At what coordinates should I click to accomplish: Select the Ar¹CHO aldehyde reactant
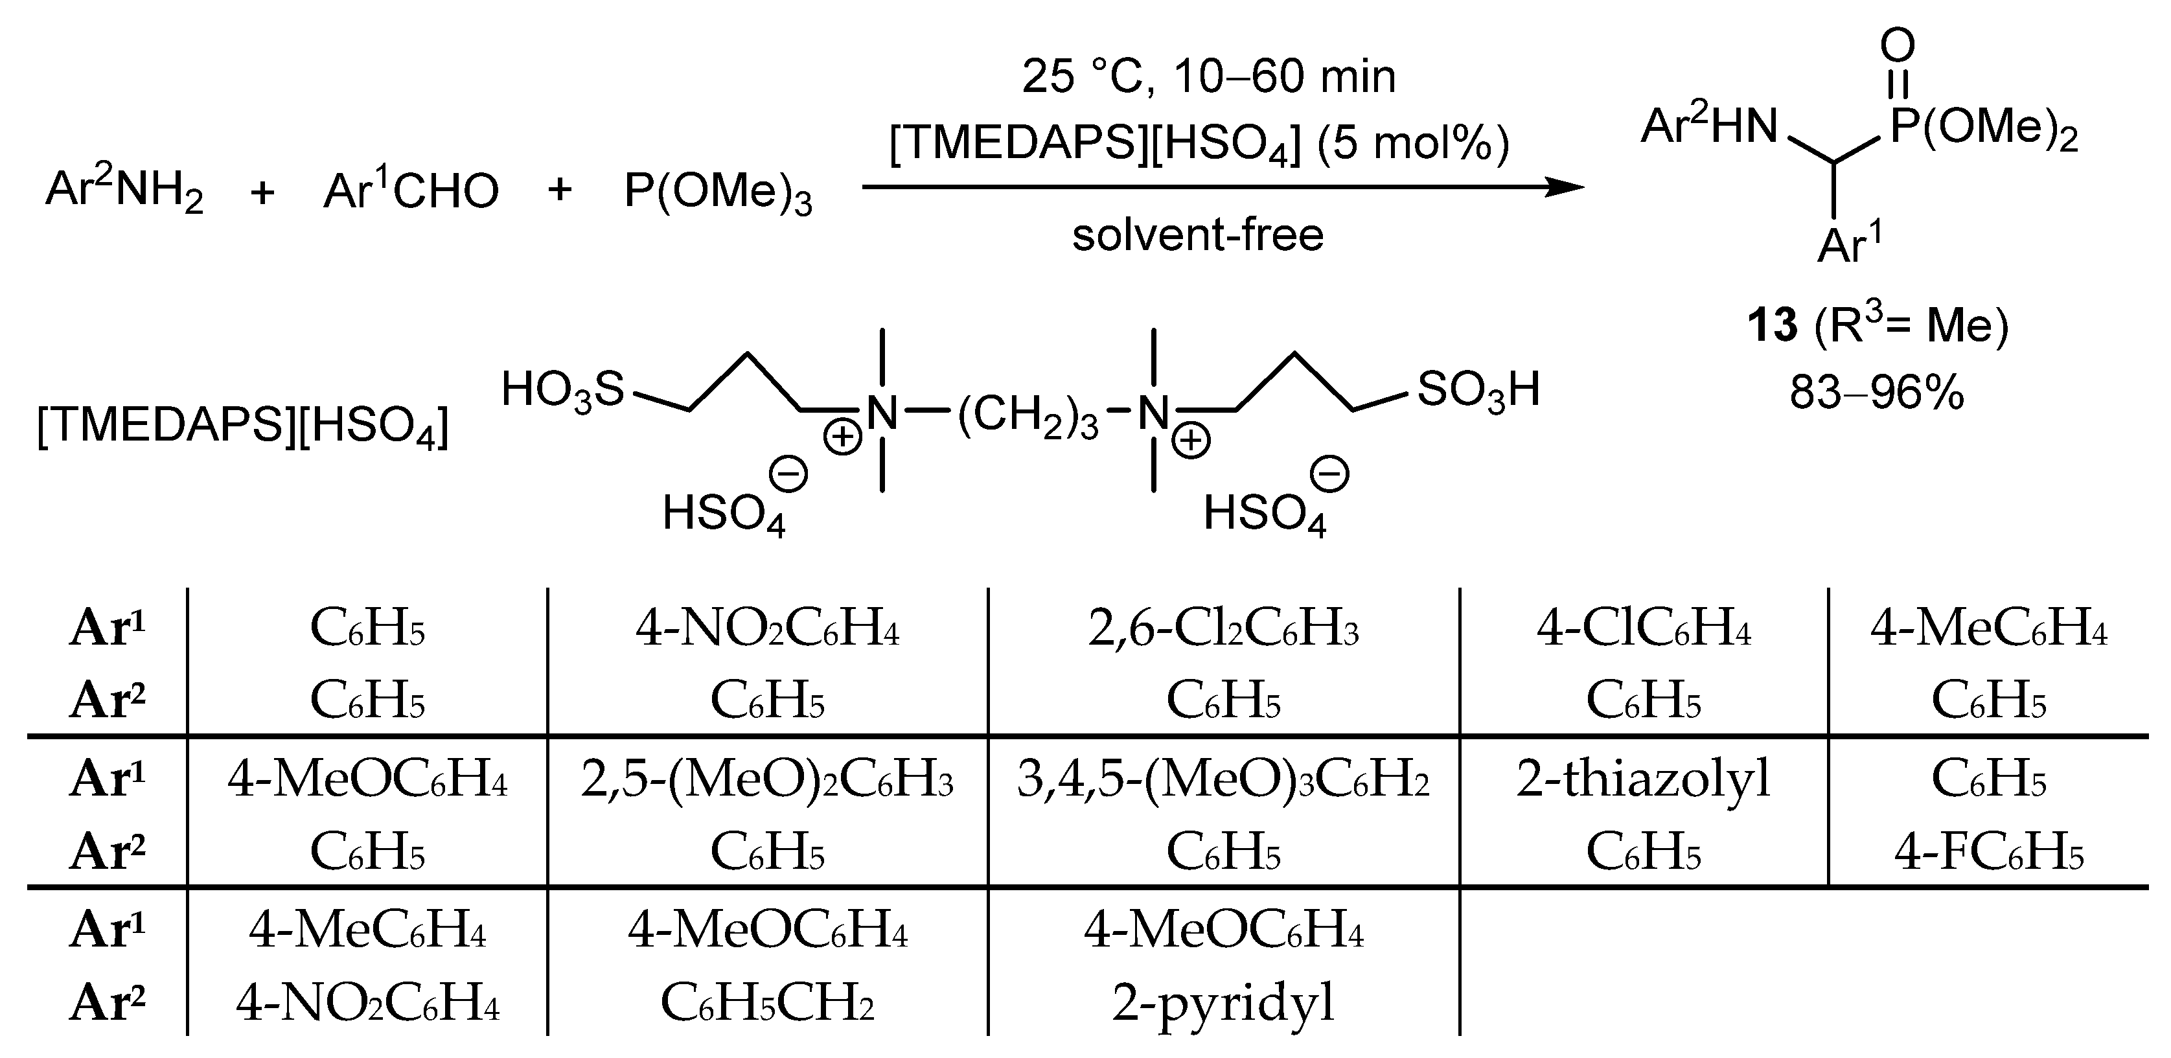point(411,190)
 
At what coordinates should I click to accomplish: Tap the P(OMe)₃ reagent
point(717,192)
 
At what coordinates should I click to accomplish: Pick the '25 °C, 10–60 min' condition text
point(1208,76)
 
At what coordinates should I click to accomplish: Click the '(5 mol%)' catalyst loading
point(1414,143)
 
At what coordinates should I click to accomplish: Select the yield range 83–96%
point(1877,392)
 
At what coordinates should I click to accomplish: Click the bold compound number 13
point(1773,325)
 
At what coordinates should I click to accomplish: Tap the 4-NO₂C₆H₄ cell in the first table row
point(767,630)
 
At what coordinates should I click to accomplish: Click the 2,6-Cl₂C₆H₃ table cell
point(1223,630)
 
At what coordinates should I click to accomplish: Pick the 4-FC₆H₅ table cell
point(1988,853)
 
